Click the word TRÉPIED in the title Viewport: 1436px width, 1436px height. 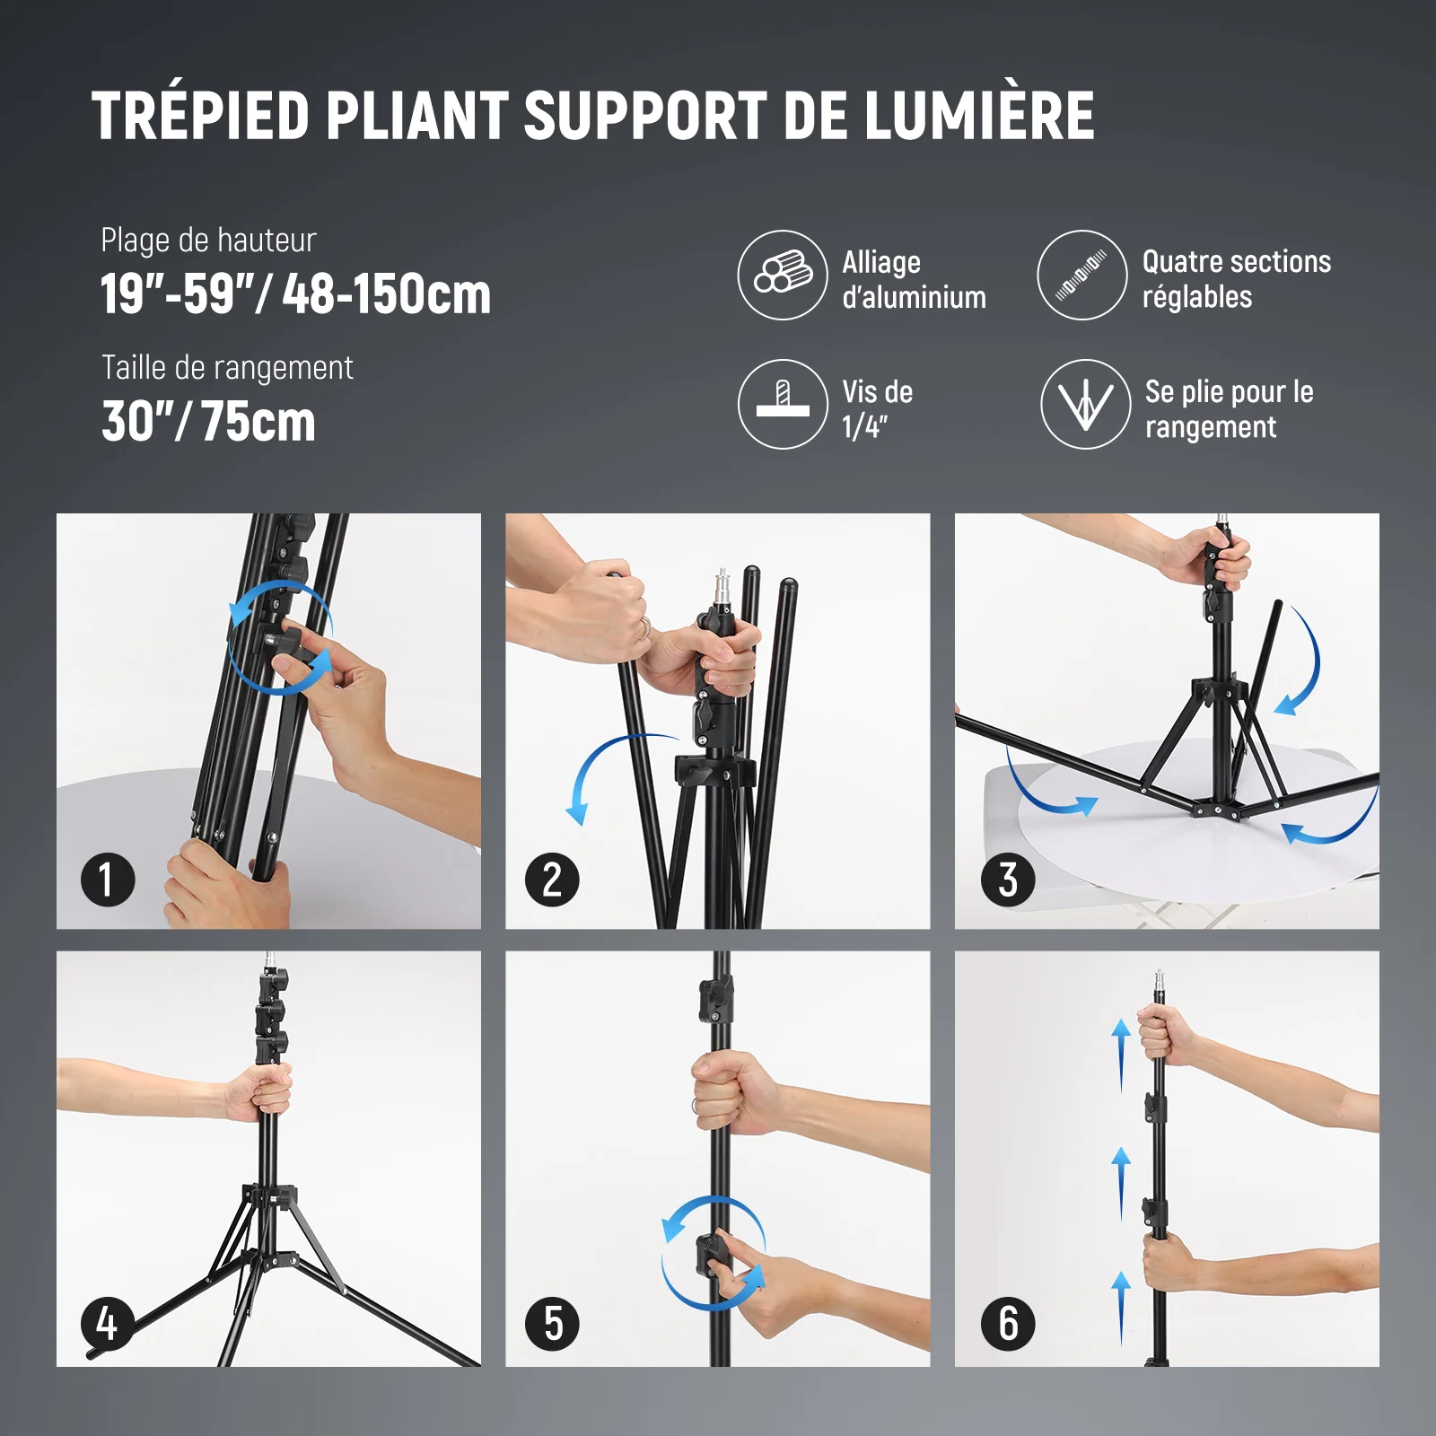click(x=200, y=116)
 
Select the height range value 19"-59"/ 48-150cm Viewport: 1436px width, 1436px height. click(x=296, y=294)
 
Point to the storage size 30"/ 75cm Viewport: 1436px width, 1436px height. click(x=208, y=422)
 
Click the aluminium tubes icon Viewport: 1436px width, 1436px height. click(x=783, y=275)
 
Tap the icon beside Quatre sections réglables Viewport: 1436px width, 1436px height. click(x=1081, y=275)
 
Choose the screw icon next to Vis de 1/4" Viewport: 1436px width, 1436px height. click(x=783, y=404)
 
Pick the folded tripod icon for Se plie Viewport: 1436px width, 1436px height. click(x=1085, y=404)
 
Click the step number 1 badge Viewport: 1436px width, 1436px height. click(x=108, y=880)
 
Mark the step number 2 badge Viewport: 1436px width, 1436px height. click(x=552, y=880)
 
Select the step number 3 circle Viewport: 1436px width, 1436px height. click(x=1008, y=880)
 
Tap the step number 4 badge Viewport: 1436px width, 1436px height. click(x=108, y=1324)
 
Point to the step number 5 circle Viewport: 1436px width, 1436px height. click(x=552, y=1324)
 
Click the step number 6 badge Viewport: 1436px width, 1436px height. click(x=1008, y=1324)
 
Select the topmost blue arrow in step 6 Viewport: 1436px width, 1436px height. click(x=1121, y=1055)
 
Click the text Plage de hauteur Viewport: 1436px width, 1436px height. click(x=208, y=241)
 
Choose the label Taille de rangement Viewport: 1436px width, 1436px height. click(x=227, y=368)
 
